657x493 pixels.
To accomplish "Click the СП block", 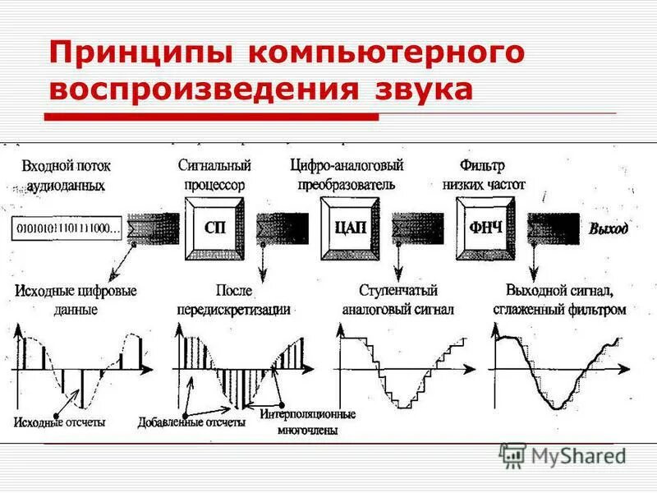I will coord(215,228).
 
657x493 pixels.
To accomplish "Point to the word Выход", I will coord(608,228).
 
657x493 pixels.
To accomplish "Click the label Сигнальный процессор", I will coord(214,175).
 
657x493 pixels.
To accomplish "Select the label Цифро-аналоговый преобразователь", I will coord(342,175).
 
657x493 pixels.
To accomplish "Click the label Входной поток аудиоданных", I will coord(67,176).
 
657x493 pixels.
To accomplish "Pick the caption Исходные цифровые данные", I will coord(76,300).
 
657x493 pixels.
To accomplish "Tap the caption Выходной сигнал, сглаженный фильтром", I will coord(559,300).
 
